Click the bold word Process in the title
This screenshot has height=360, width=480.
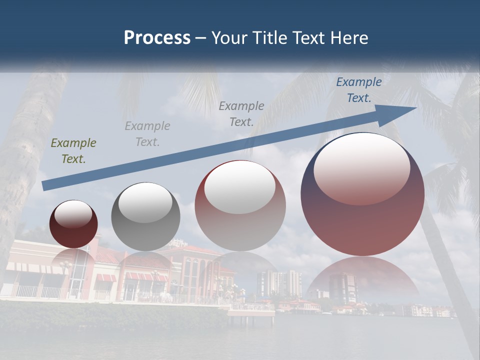pos(157,38)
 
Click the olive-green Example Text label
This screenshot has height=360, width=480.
pos(73,151)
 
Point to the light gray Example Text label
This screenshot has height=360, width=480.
pos(147,134)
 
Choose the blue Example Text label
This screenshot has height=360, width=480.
pos(359,90)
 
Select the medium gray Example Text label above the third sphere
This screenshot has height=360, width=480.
pos(241,113)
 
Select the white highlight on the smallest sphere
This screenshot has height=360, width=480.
pos(73,214)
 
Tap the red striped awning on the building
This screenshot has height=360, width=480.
pos(105,277)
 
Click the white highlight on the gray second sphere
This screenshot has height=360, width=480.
pos(145,202)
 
